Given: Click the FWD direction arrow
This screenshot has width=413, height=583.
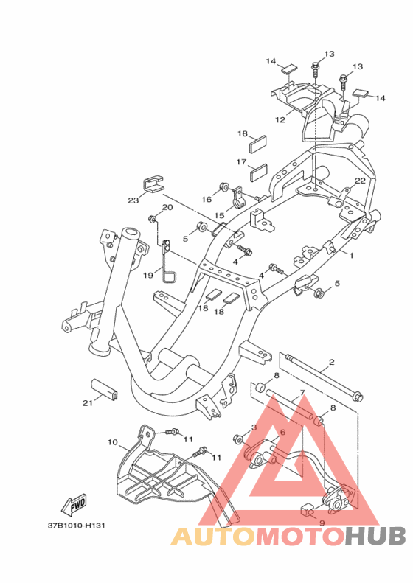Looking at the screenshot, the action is pos(74,505).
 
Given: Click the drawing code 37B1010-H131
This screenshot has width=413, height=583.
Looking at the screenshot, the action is pos(76,526).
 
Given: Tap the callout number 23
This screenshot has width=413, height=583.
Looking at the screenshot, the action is pos(133,200).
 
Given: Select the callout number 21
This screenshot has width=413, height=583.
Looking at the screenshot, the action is pos(88,402).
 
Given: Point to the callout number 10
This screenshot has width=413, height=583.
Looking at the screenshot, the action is pos(113,442).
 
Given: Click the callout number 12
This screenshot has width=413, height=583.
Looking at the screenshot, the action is pos(280,119).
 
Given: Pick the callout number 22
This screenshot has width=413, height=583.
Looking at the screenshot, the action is pos(360,181).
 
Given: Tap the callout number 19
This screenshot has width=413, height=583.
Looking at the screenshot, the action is pos(148,275).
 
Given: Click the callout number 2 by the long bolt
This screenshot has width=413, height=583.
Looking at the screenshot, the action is pos(332,361).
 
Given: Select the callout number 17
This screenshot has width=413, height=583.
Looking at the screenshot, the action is pos(241,162).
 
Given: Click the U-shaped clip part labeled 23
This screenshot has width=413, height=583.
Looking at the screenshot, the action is pos(153,184).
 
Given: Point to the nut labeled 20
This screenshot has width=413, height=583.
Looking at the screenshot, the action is pos(152,219).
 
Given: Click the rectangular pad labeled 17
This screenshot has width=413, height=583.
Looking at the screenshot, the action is pos(258,172).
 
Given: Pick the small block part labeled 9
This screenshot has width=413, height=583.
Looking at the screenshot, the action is pos(306,510).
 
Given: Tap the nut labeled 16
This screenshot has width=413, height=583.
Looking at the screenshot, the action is pos(224,186).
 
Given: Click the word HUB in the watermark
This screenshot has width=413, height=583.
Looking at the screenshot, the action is pos(375,536).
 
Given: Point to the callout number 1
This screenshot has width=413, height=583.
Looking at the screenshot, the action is pos(351,256).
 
